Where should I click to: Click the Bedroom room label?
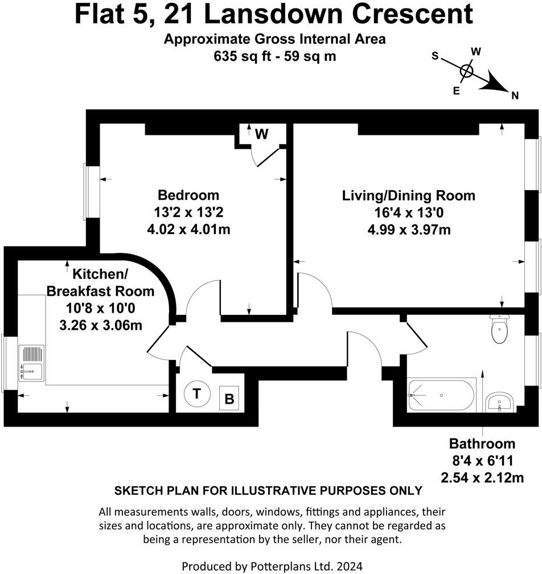point(188,195)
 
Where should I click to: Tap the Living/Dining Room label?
point(408,196)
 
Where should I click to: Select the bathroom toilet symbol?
point(499,329)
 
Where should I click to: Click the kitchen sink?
point(31,363)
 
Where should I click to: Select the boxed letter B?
point(229,399)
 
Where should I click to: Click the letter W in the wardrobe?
point(261,134)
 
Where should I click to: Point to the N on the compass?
point(515,96)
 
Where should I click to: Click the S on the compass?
point(435,56)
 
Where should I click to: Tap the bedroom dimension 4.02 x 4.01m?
point(188,229)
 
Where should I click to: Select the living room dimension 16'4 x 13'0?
point(408,213)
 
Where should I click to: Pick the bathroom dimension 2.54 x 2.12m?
point(482,477)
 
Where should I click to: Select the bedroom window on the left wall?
point(86,192)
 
